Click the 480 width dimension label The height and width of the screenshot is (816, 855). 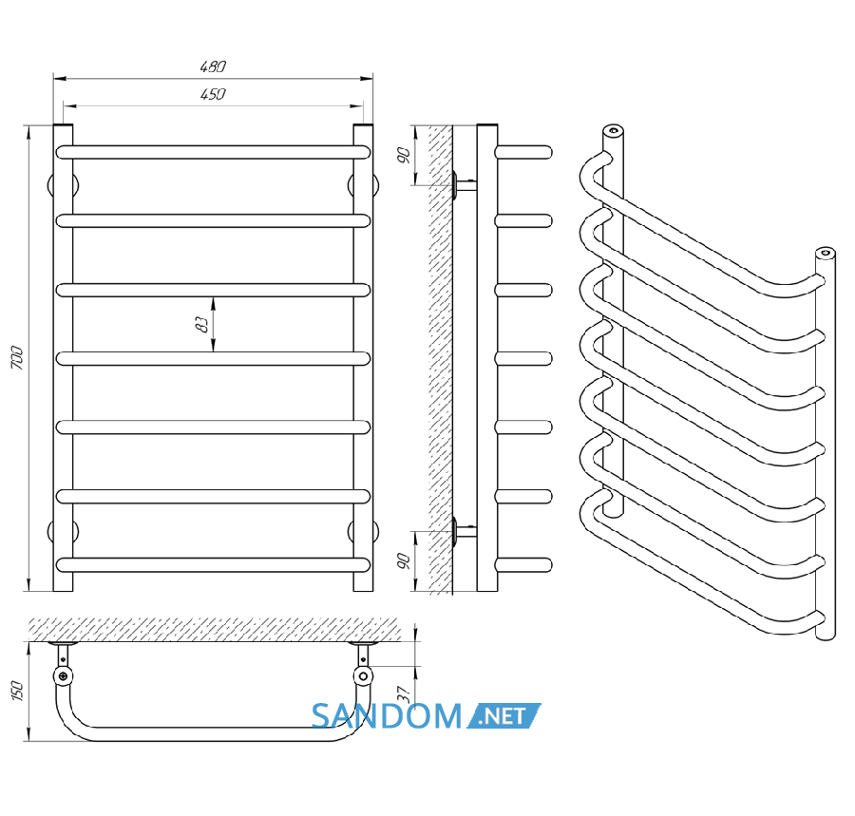tap(213, 66)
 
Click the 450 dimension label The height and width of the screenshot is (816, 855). tap(213, 94)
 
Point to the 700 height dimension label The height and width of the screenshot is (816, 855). tap(17, 357)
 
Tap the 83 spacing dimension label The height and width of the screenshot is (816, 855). tap(201, 324)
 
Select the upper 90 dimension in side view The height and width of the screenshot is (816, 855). tap(404, 156)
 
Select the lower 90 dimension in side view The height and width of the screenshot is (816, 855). tap(404, 560)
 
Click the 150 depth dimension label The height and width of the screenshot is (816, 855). tap(17, 691)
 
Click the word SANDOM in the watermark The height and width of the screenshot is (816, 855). tap(387, 716)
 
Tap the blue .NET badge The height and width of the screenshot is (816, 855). tap(503, 715)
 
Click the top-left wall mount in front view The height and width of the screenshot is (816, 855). tap(63, 185)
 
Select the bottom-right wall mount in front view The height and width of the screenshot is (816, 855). tap(363, 531)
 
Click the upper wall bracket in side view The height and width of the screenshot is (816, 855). tap(464, 185)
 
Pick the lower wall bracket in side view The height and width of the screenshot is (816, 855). tap(464, 531)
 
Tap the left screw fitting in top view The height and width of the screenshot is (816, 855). tap(64, 676)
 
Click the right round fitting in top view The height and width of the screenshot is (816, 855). tap(363, 676)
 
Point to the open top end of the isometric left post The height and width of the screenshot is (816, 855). tap(614, 130)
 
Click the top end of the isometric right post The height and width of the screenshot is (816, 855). tap(825, 253)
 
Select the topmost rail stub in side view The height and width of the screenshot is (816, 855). tap(524, 152)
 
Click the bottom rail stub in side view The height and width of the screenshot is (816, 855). tap(524, 564)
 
